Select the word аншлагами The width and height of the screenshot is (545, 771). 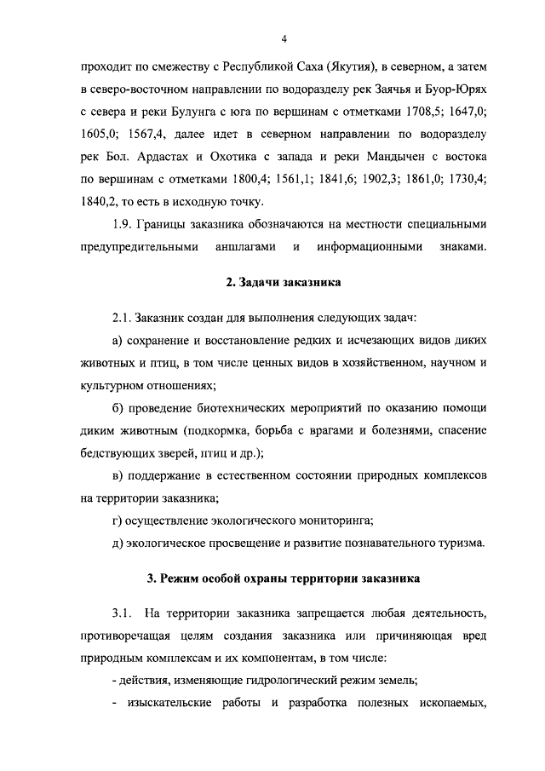pos(242,248)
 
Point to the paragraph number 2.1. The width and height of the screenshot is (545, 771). pos(123,317)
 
